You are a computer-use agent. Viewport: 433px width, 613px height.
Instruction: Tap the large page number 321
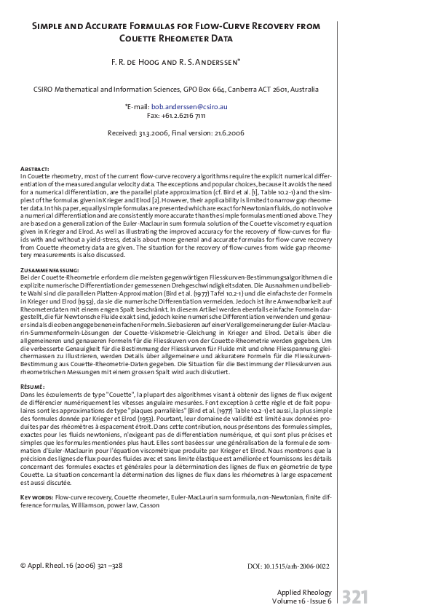click(354, 597)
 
